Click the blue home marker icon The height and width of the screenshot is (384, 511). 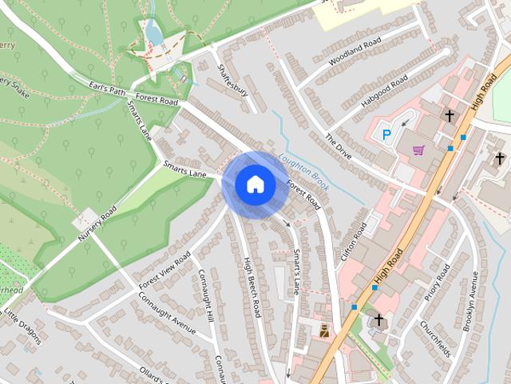pyautogui.click(x=255, y=185)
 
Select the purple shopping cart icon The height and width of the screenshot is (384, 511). pyautogui.click(x=418, y=150)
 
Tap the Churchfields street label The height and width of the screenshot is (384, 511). pyautogui.click(x=437, y=339)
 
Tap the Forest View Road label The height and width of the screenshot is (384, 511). pyautogui.click(x=164, y=270)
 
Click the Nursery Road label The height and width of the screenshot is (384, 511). pyautogui.click(x=97, y=225)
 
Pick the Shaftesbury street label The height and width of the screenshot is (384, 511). pyautogui.click(x=233, y=81)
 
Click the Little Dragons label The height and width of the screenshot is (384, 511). pyautogui.click(x=22, y=322)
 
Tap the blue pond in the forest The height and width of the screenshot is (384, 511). pyautogui.click(x=155, y=34)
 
